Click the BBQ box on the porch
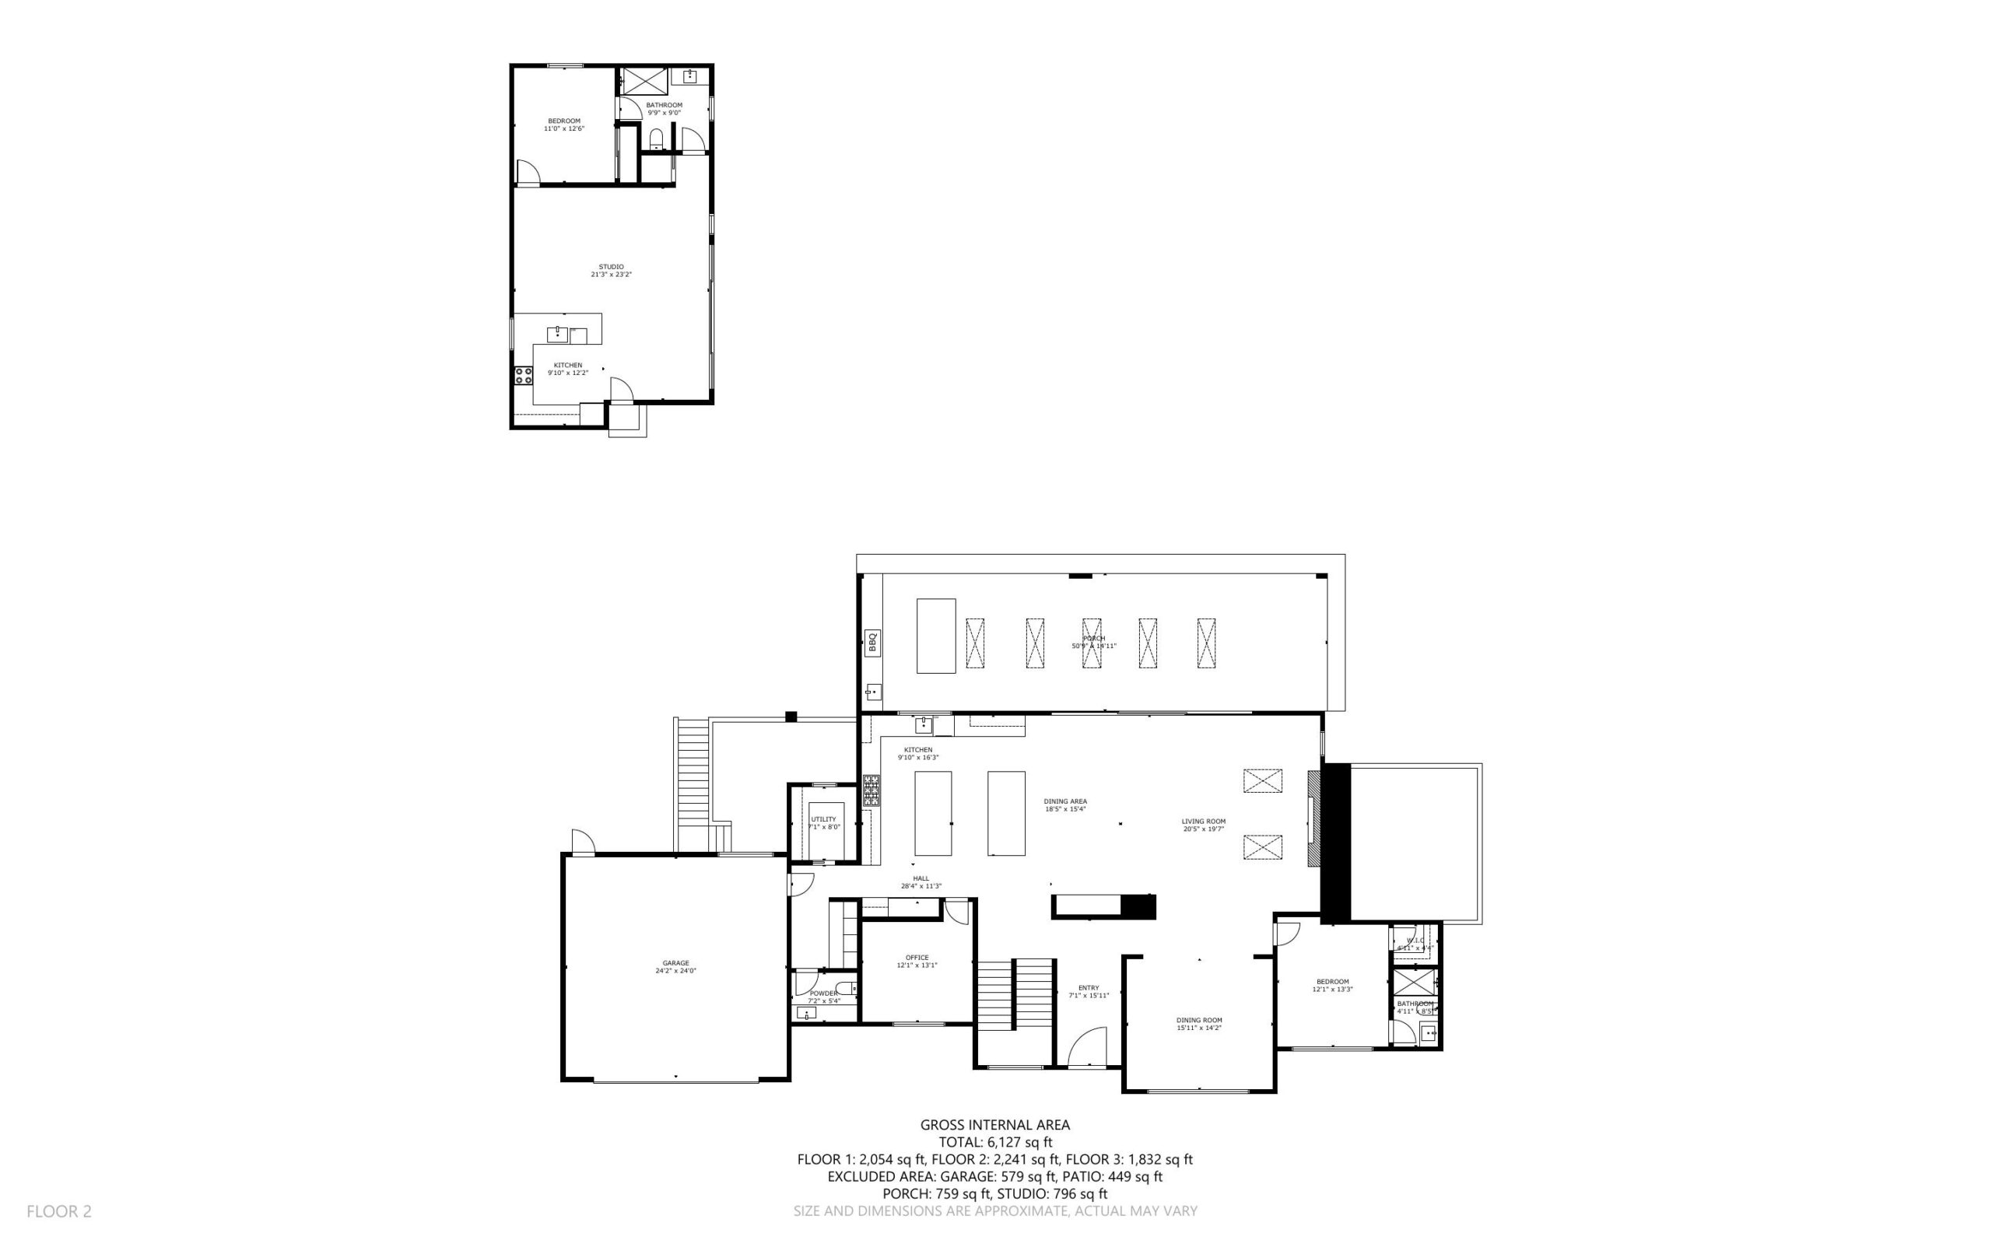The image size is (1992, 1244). tap(873, 643)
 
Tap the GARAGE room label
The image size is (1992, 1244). tap(675, 967)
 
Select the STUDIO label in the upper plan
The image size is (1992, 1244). tap(611, 270)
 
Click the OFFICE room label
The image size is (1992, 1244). tap(917, 961)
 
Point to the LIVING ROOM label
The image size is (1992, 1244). tap(1204, 825)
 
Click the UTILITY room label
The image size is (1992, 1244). tap(823, 823)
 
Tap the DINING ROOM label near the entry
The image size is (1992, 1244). tap(1199, 1024)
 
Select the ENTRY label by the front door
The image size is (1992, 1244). tap(1089, 991)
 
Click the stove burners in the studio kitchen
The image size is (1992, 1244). tap(524, 376)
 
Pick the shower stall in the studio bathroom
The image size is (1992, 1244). tap(644, 82)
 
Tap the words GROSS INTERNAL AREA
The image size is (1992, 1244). tap(994, 1125)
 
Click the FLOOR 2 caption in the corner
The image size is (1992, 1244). tap(59, 1211)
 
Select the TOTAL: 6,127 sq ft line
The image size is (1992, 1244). tap(994, 1142)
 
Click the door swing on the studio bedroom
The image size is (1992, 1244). tap(527, 172)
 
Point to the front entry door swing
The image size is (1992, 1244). tap(1088, 1046)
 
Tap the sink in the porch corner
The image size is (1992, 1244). tap(873, 691)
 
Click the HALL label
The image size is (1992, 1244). tap(921, 882)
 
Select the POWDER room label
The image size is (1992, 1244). tap(823, 997)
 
